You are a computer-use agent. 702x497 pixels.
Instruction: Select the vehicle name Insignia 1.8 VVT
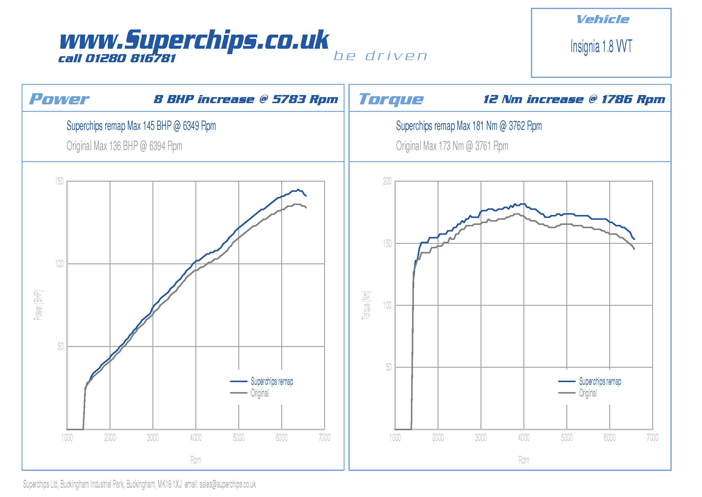[601, 47]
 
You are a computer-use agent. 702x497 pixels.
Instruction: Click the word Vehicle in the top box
[602, 20]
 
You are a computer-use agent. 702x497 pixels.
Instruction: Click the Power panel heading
[59, 99]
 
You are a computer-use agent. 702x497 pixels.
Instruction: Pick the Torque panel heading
[391, 99]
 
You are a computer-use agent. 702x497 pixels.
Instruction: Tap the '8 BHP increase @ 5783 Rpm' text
[246, 99]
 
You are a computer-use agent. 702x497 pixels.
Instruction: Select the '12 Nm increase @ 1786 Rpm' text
[574, 99]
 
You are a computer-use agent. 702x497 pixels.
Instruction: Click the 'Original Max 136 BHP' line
[124, 146]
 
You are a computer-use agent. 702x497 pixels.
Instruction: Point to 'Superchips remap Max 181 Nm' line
[469, 126]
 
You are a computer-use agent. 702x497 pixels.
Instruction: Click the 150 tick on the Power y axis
[59, 181]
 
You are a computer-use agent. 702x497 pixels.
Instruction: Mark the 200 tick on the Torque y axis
[387, 181]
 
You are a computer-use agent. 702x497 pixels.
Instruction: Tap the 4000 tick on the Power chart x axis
[196, 437]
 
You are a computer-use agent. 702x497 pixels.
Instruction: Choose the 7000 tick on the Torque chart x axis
[652, 437]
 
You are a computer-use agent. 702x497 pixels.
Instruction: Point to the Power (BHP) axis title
[38, 305]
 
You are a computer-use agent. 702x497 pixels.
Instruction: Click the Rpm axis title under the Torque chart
[523, 460]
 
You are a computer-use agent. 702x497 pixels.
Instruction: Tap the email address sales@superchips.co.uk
[227, 484]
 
